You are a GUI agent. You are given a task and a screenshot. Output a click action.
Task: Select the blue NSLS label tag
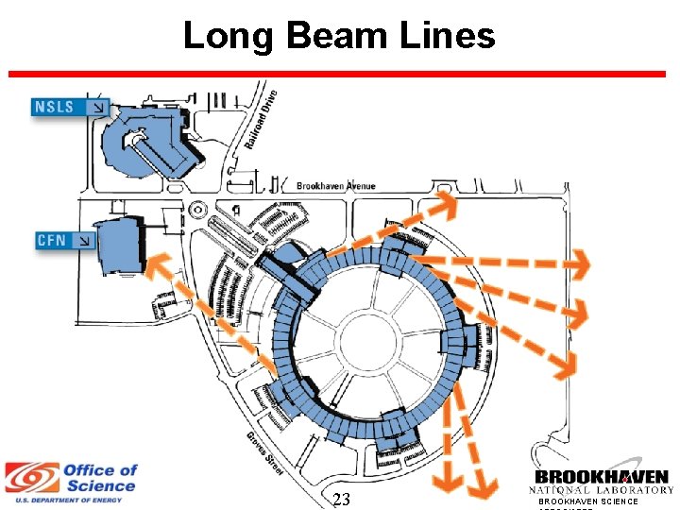[x=72, y=106]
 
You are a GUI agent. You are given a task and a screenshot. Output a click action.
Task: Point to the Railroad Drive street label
[x=262, y=118]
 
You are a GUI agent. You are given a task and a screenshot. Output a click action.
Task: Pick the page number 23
[x=341, y=500]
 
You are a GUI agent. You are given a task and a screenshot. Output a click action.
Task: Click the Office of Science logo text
[x=100, y=478]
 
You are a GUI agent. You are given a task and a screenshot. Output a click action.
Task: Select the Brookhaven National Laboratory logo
[x=602, y=483]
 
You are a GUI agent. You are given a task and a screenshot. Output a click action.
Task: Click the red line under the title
[x=340, y=73]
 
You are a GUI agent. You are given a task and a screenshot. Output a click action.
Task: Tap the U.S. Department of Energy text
[x=70, y=500]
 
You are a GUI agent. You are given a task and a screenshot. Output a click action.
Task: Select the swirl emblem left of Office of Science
[x=30, y=478]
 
